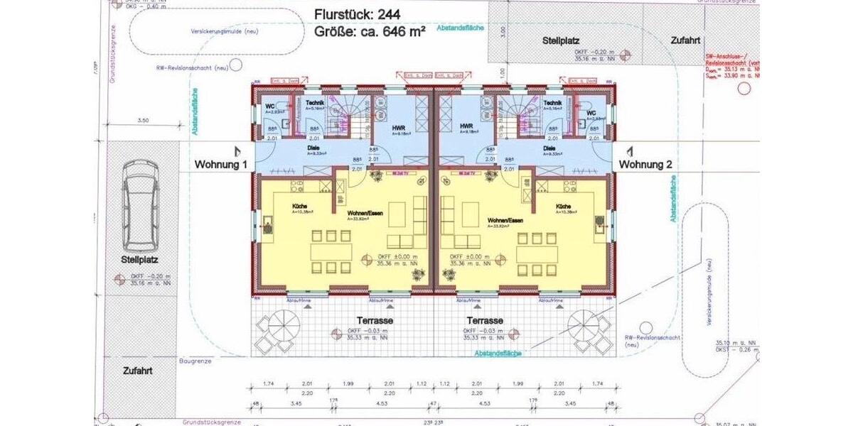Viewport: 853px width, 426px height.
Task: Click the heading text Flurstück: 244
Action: tap(360, 14)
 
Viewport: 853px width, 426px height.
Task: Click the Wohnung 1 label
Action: tap(221, 165)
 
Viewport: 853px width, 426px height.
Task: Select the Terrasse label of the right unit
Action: tap(485, 321)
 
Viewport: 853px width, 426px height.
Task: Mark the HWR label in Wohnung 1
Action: tap(399, 128)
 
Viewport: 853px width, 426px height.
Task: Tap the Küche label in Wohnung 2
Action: tap(567, 207)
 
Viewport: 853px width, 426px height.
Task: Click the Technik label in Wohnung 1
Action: tap(316, 104)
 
